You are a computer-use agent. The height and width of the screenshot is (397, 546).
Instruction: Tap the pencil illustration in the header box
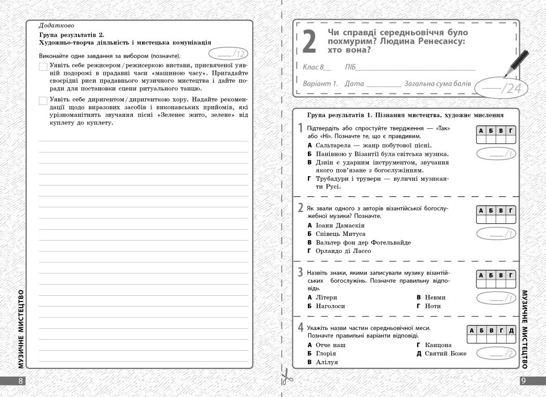point(515,64)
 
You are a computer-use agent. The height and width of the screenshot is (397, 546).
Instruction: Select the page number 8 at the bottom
point(21,381)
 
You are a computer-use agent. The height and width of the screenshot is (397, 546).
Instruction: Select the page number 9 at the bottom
point(524,381)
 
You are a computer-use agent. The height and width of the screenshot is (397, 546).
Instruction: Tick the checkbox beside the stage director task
point(43,67)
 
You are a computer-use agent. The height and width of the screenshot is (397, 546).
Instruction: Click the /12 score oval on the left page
point(228,54)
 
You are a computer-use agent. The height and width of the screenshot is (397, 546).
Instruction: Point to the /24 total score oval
point(501,88)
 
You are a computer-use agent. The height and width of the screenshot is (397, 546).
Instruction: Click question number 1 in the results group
point(301,128)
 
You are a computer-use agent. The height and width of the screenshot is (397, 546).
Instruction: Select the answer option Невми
point(435,297)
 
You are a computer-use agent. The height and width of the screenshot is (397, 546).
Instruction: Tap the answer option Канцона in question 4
point(438,345)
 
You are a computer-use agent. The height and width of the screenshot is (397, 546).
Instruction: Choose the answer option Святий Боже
point(446,353)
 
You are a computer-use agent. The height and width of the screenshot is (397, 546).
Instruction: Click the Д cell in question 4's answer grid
point(511,330)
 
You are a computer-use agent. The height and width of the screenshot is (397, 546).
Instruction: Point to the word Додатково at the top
point(56,25)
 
